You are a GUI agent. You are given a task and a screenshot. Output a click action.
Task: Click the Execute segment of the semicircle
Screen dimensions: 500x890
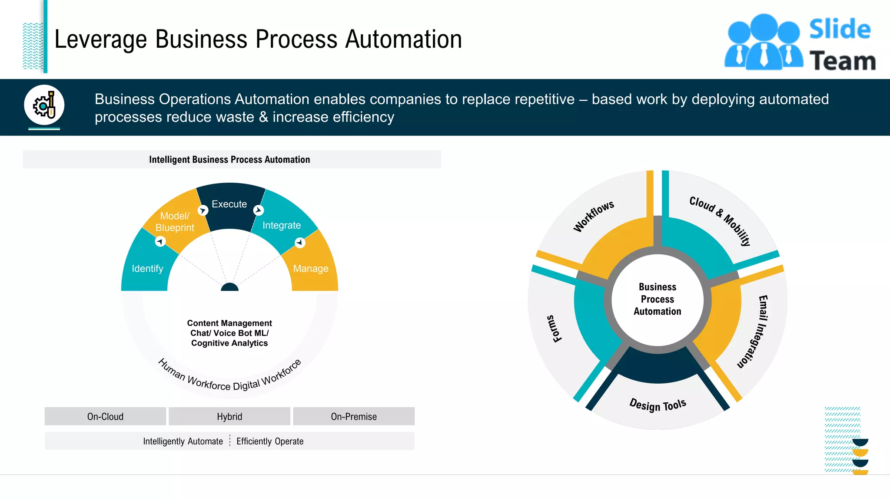pos(229,204)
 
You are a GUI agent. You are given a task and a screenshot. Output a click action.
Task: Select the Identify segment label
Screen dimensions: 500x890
pos(147,269)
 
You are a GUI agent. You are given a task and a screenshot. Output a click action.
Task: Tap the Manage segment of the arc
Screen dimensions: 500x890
pos(311,269)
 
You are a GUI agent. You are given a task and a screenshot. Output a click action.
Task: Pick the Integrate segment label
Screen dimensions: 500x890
pos(282,225)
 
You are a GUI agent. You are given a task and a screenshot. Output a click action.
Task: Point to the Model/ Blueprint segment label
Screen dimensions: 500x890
pos(175,222)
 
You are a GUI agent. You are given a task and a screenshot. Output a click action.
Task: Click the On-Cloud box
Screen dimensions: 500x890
pos(105,417)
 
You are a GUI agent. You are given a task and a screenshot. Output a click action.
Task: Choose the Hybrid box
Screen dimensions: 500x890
pos(229,417)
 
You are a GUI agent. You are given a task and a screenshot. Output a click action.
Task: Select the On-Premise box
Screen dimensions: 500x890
pos(354,417)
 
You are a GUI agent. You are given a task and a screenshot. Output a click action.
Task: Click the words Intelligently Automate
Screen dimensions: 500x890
pos(183,441)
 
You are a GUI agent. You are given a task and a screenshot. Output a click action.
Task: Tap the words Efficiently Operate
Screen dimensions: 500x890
pos(270,441)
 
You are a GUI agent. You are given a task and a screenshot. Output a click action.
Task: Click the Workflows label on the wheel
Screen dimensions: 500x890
pos(593,216)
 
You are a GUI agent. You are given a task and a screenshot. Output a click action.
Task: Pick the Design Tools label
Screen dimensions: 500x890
pos(658,405)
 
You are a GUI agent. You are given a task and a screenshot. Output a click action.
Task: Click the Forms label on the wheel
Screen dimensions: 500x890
pos(554,329)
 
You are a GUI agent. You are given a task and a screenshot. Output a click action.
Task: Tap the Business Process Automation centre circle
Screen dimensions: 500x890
pos(658,299)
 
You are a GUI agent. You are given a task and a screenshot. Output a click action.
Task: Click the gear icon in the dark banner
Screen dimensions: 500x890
pos(44,105)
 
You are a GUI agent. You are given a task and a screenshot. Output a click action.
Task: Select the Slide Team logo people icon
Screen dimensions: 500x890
pos(764,43)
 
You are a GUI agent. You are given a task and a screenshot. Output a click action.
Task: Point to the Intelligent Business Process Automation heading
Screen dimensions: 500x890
pos(229,160)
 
